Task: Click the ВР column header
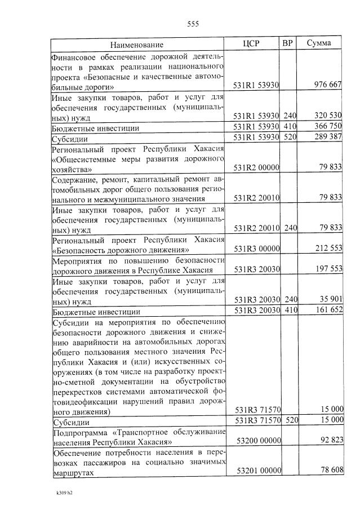tap(287, 43)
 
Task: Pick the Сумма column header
tap(319, 43)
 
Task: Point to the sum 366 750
tap(327, 127)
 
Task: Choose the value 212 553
tap(327, 249)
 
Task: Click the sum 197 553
tap(327, 269)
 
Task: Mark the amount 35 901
tap(330, 300)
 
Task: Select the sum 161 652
tap(327, 311)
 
